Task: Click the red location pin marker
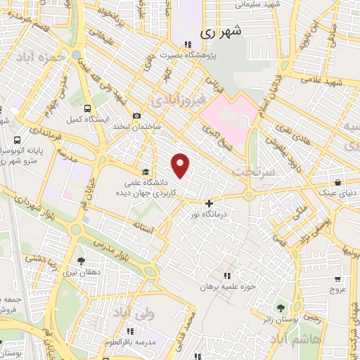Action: [181, 165]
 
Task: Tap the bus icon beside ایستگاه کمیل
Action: [87, 109]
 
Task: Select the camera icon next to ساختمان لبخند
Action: [136, 116]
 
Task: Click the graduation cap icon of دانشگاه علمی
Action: [145, 171]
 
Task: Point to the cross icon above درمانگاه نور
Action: [209, 203]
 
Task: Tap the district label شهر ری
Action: [220, 32]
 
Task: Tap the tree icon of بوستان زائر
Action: [281, 308]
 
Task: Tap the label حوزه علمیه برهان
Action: [226, 286]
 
